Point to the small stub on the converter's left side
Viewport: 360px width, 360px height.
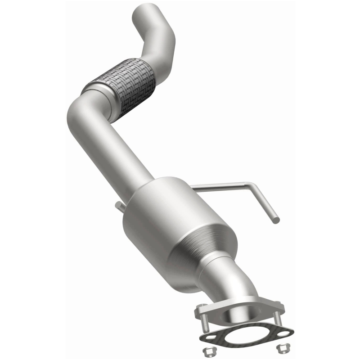tap(120, 206)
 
